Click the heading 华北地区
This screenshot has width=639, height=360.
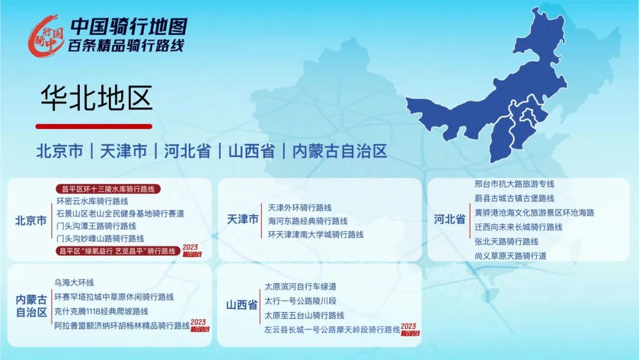coord(96,98)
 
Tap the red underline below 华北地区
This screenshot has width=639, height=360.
coord(94,126)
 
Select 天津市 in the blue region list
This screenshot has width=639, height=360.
coord(124,151)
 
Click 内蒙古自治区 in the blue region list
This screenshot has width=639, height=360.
coord(340,151)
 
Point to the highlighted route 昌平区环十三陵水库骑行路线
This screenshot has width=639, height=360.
coord(108,189)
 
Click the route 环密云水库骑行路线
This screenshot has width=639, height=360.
coord(92,201)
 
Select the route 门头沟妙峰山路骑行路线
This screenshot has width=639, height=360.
coord(100,239)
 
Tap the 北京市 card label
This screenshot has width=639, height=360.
coord(31,221)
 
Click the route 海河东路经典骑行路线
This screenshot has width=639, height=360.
coord(308,221)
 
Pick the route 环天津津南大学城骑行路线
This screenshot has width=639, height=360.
coord(315,234)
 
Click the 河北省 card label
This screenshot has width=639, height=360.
coord(450,219)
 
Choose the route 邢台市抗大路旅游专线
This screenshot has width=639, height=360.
coord(514,184)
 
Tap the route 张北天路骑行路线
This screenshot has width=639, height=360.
coord(506,242)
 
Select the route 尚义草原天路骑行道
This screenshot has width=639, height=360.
coord(510,256)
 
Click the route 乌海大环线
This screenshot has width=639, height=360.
coord(74,282)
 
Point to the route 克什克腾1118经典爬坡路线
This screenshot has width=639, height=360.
coord(101,311)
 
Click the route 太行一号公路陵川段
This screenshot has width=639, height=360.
coord(301,301)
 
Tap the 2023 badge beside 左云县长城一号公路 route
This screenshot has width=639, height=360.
coord(409,330)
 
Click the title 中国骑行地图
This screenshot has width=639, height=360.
coord(129,27)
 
